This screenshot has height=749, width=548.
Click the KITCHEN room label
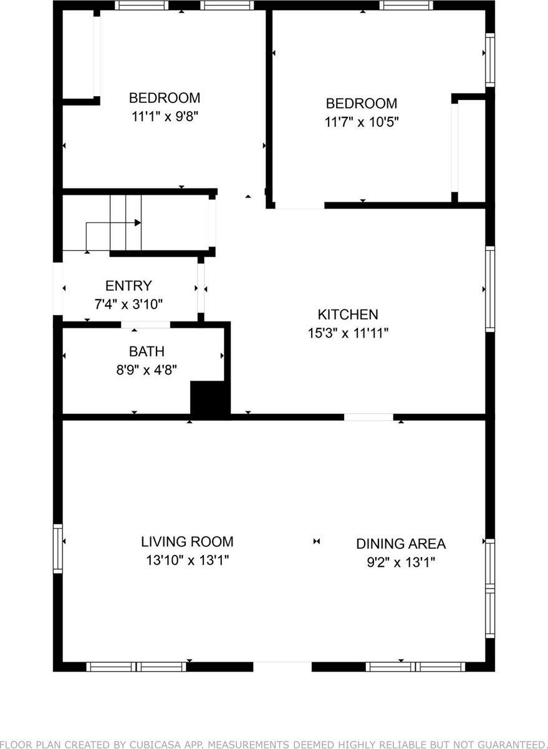tap(348, 315)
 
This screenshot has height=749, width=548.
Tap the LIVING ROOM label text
tap(187, 542)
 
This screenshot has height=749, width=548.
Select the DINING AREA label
tap(401, 544)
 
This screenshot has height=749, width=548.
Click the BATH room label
tap(147, 351)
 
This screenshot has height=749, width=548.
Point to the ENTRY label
tap(128, 286)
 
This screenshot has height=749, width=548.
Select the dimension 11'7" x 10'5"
tap(362, 121)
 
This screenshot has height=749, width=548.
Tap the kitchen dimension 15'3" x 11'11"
tap(348, 333)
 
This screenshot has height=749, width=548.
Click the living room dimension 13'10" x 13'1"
tap(187, 560)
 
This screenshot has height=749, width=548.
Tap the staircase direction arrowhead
tap(138, 223)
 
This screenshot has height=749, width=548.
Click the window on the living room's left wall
tap(58, 549)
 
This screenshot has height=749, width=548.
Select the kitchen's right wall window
tap(490, 288)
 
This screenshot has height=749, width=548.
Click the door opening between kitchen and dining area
tap(368, 417)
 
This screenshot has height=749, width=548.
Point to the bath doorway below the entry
tap(145, 325)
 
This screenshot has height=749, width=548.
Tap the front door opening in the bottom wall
tap(282, 667)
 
